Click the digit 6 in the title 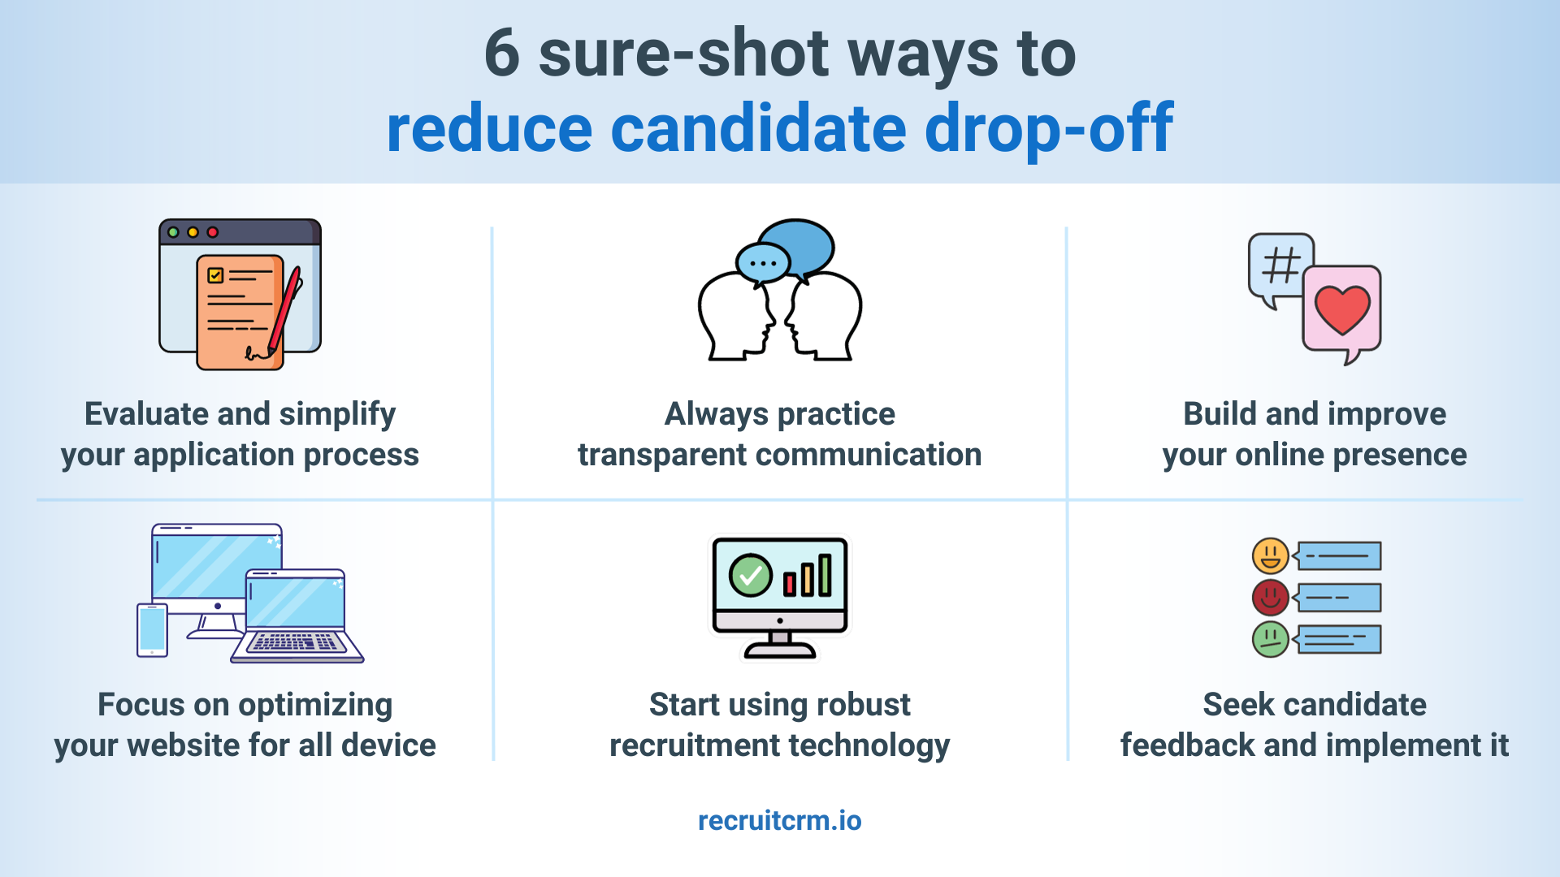point(502,54)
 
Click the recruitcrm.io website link point(779,820)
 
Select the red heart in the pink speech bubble point(1342,309)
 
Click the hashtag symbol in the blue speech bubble point(1281,266)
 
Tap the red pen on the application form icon point(285,309)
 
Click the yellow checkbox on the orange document point(215,275)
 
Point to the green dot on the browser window point(173,232)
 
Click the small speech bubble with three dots point(762,263)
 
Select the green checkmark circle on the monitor point(750,575)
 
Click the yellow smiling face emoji point(1271,556)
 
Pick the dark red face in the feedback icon point(1271,598)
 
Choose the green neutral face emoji point(1271,639)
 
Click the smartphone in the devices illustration point(152,629)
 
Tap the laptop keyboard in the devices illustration point(297,643)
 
